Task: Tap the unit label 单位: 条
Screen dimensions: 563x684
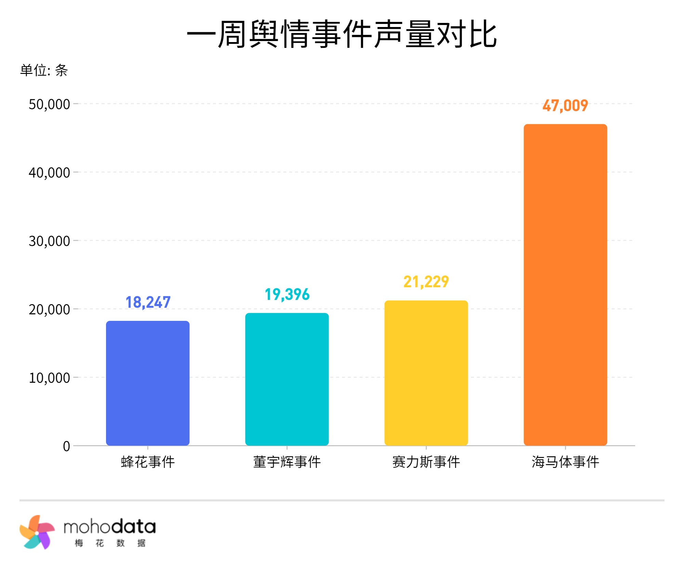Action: pos(44,70)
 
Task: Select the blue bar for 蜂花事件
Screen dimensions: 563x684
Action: pos(148,383)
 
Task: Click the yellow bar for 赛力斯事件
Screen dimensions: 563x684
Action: pos(426,373)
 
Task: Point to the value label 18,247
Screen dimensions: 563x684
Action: pos(148,302)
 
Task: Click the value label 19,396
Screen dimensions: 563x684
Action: pos(287,294)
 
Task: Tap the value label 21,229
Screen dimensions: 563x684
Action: pos(426,282)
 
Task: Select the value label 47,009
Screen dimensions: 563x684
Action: pos(565,105)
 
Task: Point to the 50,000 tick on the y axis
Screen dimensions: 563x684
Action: pos(49,104)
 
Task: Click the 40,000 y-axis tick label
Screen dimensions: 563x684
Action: pos(49,173)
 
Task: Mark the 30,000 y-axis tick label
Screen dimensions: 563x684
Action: pos(49,241)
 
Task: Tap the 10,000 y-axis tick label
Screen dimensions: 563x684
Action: pos(49,378)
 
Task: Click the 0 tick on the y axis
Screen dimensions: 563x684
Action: pos(66,446)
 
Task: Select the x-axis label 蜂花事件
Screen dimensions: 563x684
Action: pos(148,462)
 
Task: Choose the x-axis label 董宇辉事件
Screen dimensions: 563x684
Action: pos(287,462)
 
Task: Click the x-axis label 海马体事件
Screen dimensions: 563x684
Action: pos(565,462)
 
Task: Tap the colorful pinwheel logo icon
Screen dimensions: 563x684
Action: pos(37,532)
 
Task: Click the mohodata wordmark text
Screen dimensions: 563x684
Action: pos(109,527)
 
